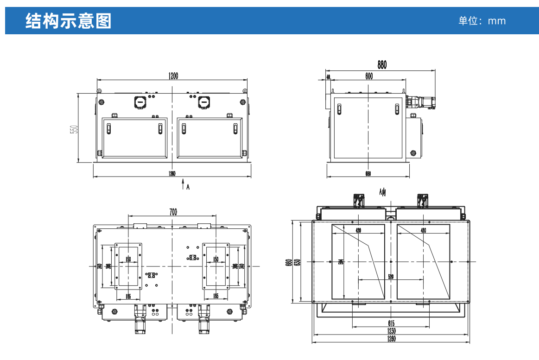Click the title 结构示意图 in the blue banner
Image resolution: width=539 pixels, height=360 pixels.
point(69,21)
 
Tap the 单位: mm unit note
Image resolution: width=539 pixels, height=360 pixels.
point(482,21)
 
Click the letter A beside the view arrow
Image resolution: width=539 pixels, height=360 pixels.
point(188,187)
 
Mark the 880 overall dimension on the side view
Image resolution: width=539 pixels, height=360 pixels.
point(381,65)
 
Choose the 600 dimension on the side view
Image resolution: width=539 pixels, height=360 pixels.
point(368,77)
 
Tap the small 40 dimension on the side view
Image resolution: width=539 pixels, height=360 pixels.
point(328,77)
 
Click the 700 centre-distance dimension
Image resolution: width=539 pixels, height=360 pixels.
point(173,212)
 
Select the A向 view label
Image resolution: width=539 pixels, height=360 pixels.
point(382,192)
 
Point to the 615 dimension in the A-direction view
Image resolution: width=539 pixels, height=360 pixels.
point(391,322)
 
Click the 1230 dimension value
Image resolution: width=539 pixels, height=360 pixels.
point(391,331)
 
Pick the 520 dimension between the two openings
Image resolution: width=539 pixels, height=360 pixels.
point(391,277)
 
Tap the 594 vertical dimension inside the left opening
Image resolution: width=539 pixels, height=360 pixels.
point(340,262)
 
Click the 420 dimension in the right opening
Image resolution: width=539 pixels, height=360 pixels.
point(423,230)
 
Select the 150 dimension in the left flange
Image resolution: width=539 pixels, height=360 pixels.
point(128,259)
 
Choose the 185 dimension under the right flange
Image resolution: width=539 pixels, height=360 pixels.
point(216,296)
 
